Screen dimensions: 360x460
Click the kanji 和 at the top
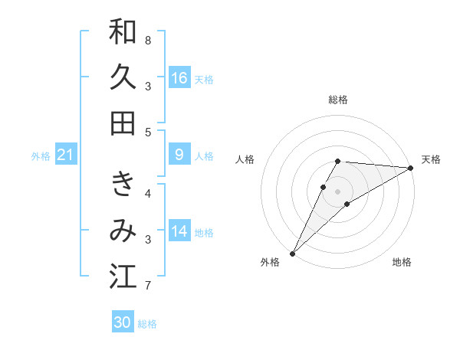pyautogui.click(x=123, y=32)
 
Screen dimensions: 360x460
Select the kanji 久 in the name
pyautogui.click(x=123, y=78)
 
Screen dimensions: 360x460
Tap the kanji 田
pyautogui.click(x=123, y=123)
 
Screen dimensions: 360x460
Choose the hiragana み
pyautogui.click(x=123, y=231)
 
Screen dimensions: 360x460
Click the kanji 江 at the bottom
pyautogui.click(x=123, y=277)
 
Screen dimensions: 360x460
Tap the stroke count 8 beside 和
pyautogui.click(x=148, y=40)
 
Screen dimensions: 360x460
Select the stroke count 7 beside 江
pyautogui.click(x=148, y=286)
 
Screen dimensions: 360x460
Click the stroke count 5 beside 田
pyautogui.click(x=148, y=132)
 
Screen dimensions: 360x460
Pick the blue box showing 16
pyautogui.click(x=179, y=78)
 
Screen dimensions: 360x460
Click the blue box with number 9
pyautogui.click(x=179, y=155)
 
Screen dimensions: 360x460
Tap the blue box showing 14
pyautogui.click(x=179, y=231)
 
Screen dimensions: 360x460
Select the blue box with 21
pyautogui.click(x=66, y=155)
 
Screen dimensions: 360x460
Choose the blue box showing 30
pyautogui.click(x=123, y=322)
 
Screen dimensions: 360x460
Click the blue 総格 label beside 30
pyautogui.click(x=147, y=324)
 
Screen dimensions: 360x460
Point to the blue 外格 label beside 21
pyautogui.click(x=41, y=156)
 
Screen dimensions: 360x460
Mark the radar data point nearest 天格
pyautogui.click(x=411, y=168)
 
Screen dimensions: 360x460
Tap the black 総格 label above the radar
pyautogui.click(x=337, y=100)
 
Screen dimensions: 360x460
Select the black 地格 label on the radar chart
pyautogui.click(x=402, y=262)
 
